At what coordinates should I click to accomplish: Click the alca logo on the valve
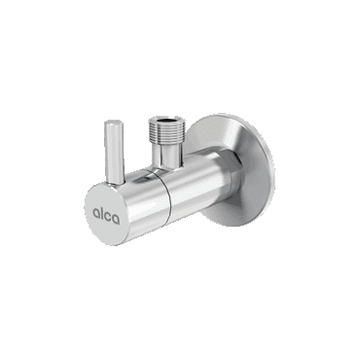[106, 216]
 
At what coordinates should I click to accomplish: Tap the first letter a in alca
[95, 213]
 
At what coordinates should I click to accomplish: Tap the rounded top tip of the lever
[114, 122]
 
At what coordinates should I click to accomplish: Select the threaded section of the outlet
[166, 131]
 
